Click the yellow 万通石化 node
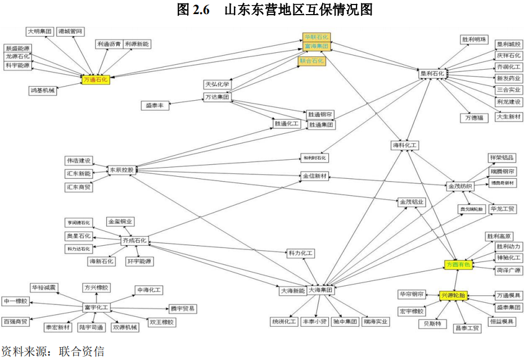coord(95,80)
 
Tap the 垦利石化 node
coord(432,73)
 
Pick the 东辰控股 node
coord(121,169)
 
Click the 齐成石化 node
coord(134,240)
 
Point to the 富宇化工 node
coord(96,307)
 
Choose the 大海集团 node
coord(321,290)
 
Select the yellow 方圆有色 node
coord(459,263)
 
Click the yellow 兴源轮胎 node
coord(453,295)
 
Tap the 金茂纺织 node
coord(460,186)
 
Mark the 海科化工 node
coord(405,145)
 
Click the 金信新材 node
coord(314,176)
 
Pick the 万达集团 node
coord(217,97)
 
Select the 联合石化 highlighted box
coord(311,61)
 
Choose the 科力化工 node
coord(301,254)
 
